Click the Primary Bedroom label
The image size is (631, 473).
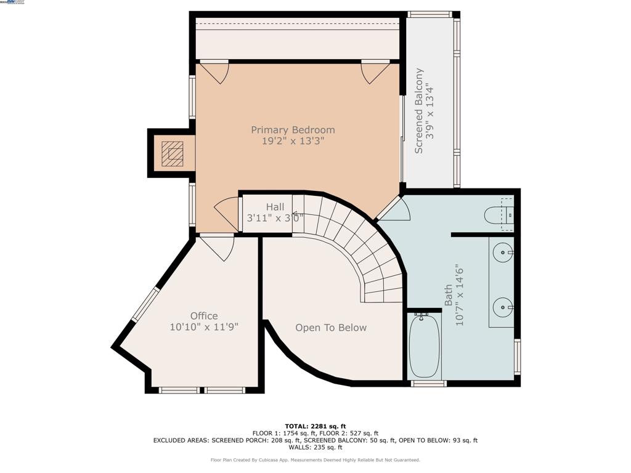pos(293,130)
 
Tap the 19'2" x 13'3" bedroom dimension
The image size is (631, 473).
pos(293,141)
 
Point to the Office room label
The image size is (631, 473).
pos(204,316)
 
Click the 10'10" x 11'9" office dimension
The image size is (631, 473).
pos(204,327)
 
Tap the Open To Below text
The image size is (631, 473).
pos(331,328)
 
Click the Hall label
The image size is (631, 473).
pos(275,207)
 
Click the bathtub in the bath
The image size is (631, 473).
pos(424,346)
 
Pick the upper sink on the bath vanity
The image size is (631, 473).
pos(503,253)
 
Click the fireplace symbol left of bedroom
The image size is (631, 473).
pos(173,153)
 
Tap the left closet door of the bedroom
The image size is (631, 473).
pos(214,72)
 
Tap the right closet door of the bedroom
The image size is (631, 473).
pos(375,72)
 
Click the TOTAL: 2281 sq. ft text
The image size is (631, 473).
pos(315,426)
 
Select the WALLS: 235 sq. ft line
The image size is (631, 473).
pos(315,448)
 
